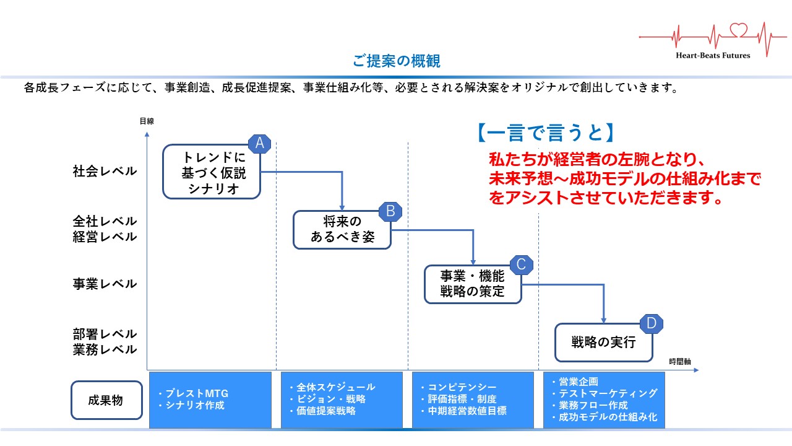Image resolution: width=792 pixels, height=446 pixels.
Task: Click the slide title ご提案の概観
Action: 397,61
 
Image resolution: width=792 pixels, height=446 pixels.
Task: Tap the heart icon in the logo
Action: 739,30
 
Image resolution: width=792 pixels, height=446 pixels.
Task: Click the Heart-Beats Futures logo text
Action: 713,55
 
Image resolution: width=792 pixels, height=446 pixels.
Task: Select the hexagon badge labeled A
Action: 260,144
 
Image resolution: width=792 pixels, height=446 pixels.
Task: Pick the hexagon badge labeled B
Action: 390,211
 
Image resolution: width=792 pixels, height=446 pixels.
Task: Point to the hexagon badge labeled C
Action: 521,265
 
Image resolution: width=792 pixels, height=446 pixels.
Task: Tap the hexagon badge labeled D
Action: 651,323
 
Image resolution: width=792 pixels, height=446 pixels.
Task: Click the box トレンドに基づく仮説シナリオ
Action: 211,172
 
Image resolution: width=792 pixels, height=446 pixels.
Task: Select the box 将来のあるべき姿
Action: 342,230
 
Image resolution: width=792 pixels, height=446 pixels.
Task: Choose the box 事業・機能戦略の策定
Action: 473,284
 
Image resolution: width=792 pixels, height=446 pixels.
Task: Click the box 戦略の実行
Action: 603,343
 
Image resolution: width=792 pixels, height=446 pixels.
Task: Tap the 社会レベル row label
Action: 105,172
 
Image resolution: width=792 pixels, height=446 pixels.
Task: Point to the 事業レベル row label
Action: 105,284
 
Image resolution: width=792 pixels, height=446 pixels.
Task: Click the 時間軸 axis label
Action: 680,361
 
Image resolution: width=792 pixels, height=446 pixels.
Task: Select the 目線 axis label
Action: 147,121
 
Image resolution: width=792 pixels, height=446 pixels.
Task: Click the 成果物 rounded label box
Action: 105,400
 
